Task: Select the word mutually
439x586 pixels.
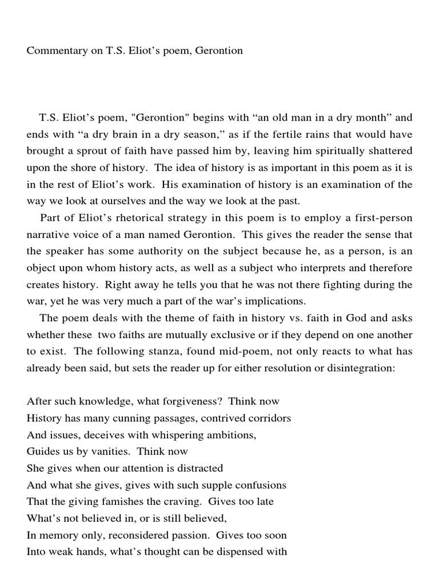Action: click(185, 335)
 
